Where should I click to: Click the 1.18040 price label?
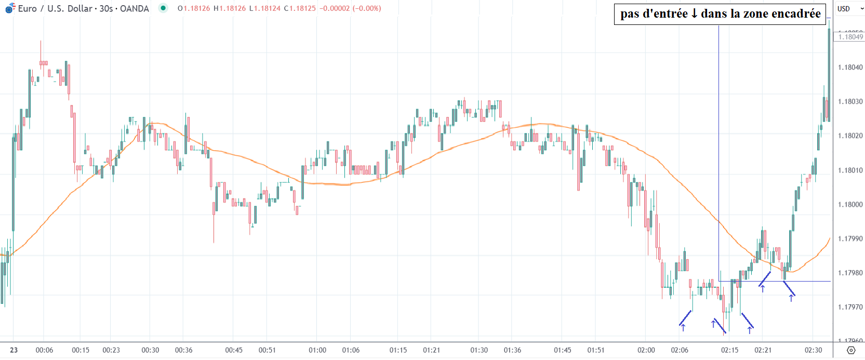pos(850,67)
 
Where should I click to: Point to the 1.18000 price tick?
pos(850,205)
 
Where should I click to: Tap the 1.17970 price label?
pos(850,307)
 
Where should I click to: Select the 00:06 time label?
pos(44,350)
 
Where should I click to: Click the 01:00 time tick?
pos(317,350)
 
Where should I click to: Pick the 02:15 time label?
pos(729,350)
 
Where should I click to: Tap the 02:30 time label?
pos(813,350)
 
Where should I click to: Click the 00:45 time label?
pos(234,350)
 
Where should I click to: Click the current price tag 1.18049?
pos(850,36)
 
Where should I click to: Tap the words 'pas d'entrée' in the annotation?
pos(654,14)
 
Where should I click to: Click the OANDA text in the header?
pos(134,8)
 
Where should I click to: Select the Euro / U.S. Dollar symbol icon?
pos(10,8)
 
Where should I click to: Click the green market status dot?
pos(163,8)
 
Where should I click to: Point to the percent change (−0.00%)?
pos(367,8)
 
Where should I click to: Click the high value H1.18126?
pos(230,8)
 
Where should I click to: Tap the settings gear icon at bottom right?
pos(850,350)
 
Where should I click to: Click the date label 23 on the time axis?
pos(14,350)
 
